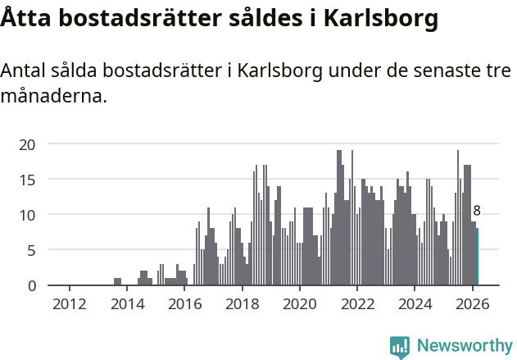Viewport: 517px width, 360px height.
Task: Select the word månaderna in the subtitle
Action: [53, 97]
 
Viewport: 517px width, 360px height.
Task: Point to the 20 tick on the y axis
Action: [27, 144]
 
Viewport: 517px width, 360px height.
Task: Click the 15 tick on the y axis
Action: [27, 180]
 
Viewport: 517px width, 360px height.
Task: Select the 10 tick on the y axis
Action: [27, 215]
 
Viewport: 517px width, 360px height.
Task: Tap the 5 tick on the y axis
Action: [31, 250]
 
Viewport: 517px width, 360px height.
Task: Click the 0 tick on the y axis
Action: [31, 285]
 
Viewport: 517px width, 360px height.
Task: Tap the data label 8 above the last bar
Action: [477, 212]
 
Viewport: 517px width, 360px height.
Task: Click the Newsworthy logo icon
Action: [400, 347]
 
